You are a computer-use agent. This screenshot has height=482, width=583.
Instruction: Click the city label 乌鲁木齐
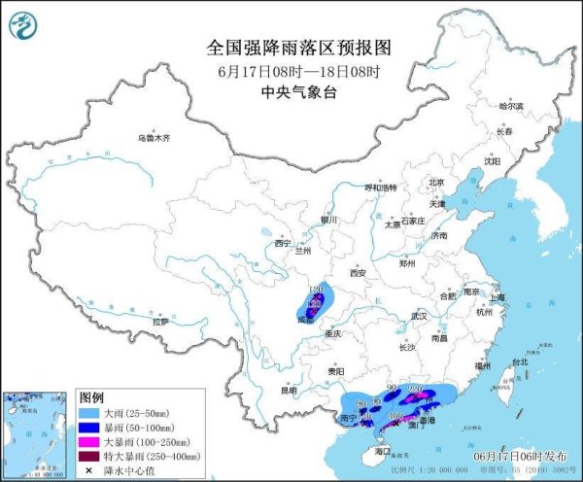(x=153, y=139)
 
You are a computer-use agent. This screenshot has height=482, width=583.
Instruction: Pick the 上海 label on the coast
(x=497, y=297)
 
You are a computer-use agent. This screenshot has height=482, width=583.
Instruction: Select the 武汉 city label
(x=419, y=316)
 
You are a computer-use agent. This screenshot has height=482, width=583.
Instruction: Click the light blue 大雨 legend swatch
(x=89, y=414)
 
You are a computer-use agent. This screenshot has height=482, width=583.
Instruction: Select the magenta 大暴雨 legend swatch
(x=89, y=441)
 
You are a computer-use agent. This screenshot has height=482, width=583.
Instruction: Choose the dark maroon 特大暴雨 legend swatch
(x=89, y=455)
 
